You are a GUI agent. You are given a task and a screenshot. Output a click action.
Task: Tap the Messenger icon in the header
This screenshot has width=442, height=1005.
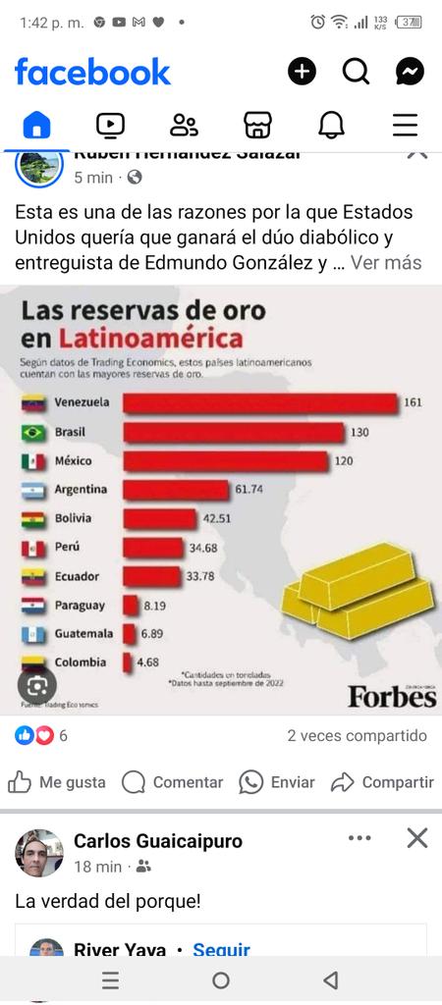point(410,72)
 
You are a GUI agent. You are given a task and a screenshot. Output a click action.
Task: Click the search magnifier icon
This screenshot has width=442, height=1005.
point(356,72)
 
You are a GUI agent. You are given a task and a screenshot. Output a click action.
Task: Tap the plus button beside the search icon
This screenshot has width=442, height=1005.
point(302,72)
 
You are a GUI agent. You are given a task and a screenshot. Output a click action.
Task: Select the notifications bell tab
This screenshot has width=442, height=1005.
point(331,125)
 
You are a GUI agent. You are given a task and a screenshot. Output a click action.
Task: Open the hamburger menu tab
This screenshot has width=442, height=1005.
point(405,125)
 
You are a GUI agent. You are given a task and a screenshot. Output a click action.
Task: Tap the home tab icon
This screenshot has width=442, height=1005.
point(36,125)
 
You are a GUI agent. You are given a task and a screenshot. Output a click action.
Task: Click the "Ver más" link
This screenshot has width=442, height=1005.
point(386,263)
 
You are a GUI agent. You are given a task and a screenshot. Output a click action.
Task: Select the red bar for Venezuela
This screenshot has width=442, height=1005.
point(259,403)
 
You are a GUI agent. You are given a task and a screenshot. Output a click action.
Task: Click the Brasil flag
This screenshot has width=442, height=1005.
point(34,433)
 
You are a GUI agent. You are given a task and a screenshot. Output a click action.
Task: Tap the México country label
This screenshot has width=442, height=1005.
point(75,461)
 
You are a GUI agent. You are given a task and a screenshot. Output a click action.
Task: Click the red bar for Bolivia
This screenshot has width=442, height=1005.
point(159,518)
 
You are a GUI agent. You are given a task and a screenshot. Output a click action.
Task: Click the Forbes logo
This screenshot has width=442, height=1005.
point(391,696)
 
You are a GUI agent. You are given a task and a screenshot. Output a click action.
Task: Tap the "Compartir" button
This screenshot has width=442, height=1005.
point(383,782)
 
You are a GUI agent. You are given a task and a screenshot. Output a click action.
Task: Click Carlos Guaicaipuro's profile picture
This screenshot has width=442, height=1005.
point(39,852)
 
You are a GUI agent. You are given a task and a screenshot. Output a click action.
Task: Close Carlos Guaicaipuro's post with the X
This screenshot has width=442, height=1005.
point(417,838)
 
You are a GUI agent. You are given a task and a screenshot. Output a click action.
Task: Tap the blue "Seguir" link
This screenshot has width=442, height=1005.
point(221,950)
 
